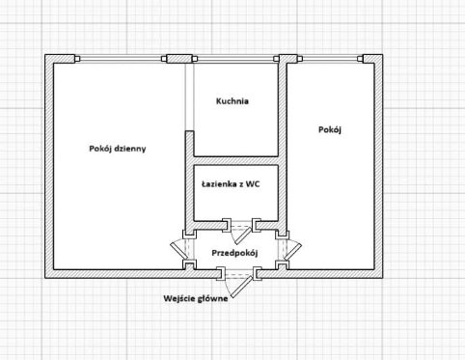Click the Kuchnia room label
[232, 101]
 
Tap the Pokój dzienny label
[118, 149]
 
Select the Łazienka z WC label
[231, 184]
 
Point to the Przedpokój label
[234, 253]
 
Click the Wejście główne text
[196, 298]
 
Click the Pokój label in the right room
[330, 129]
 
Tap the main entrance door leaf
[242, 287]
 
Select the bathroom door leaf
[243, 235]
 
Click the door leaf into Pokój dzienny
[178, 251]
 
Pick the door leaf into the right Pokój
[292, 252]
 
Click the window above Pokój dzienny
[121, 59]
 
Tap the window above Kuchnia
[235, 59]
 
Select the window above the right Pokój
[330, 59]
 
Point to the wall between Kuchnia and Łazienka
[235, 160]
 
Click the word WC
[253, 184]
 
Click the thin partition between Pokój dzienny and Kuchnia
[190, 97]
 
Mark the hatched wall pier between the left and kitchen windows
[179, 59]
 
